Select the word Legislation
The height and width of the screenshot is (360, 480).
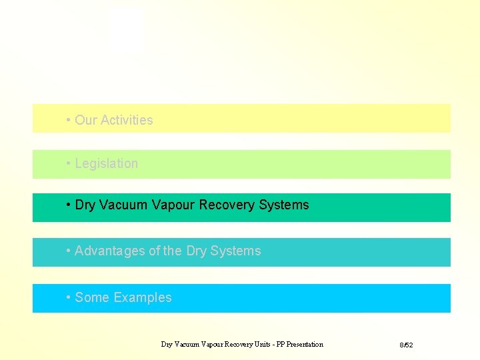pos(107,164)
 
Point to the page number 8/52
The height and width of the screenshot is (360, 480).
pos(407,345)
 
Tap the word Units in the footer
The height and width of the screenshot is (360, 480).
pos(255,345)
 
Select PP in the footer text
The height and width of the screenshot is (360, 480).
pos(272,345)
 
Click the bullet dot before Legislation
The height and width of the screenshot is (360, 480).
pos(69,164)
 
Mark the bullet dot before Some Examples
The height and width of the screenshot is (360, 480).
pos(69,298)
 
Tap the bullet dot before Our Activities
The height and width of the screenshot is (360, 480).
pos(69,121)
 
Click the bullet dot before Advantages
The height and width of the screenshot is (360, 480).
pos(69,251)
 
